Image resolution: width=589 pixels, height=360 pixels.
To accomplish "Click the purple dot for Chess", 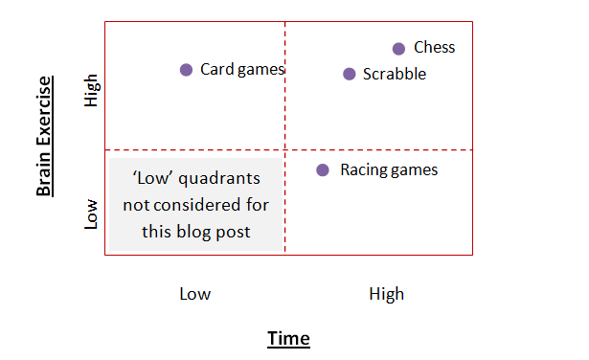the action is [399, 49].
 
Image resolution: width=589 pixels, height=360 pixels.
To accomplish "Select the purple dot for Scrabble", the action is [350, 74].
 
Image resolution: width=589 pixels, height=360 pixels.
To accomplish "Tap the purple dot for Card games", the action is [187, 69].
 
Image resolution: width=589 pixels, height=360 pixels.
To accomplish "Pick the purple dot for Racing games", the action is [323, 169].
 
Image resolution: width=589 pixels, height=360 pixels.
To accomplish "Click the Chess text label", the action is [434, 48].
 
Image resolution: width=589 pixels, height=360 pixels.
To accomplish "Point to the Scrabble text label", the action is [395, 74].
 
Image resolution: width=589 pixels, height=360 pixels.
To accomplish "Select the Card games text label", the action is [242, 69].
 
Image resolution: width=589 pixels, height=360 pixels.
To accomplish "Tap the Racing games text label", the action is [389, 169].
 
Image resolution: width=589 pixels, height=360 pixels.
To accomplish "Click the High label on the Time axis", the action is [386, 294].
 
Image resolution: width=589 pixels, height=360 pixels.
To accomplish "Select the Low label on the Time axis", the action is [194, 294].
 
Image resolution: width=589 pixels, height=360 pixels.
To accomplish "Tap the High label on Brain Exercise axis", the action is [92, 91].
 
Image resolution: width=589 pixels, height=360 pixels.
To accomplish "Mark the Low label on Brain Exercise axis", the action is [92, 214].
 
